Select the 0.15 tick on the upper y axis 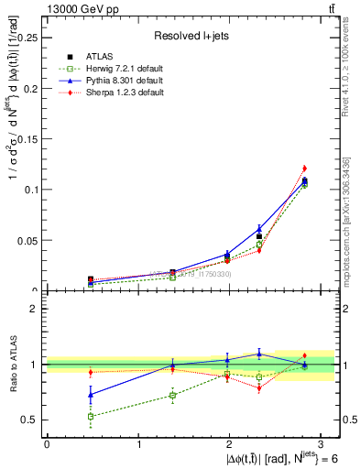pos(28,139)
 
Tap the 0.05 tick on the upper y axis pos(28,241)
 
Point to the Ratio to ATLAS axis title pos(10,364)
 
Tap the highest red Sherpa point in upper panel pos(304,169)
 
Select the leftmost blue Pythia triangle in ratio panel pos(91,395)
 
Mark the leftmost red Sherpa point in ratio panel pos(91,372)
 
